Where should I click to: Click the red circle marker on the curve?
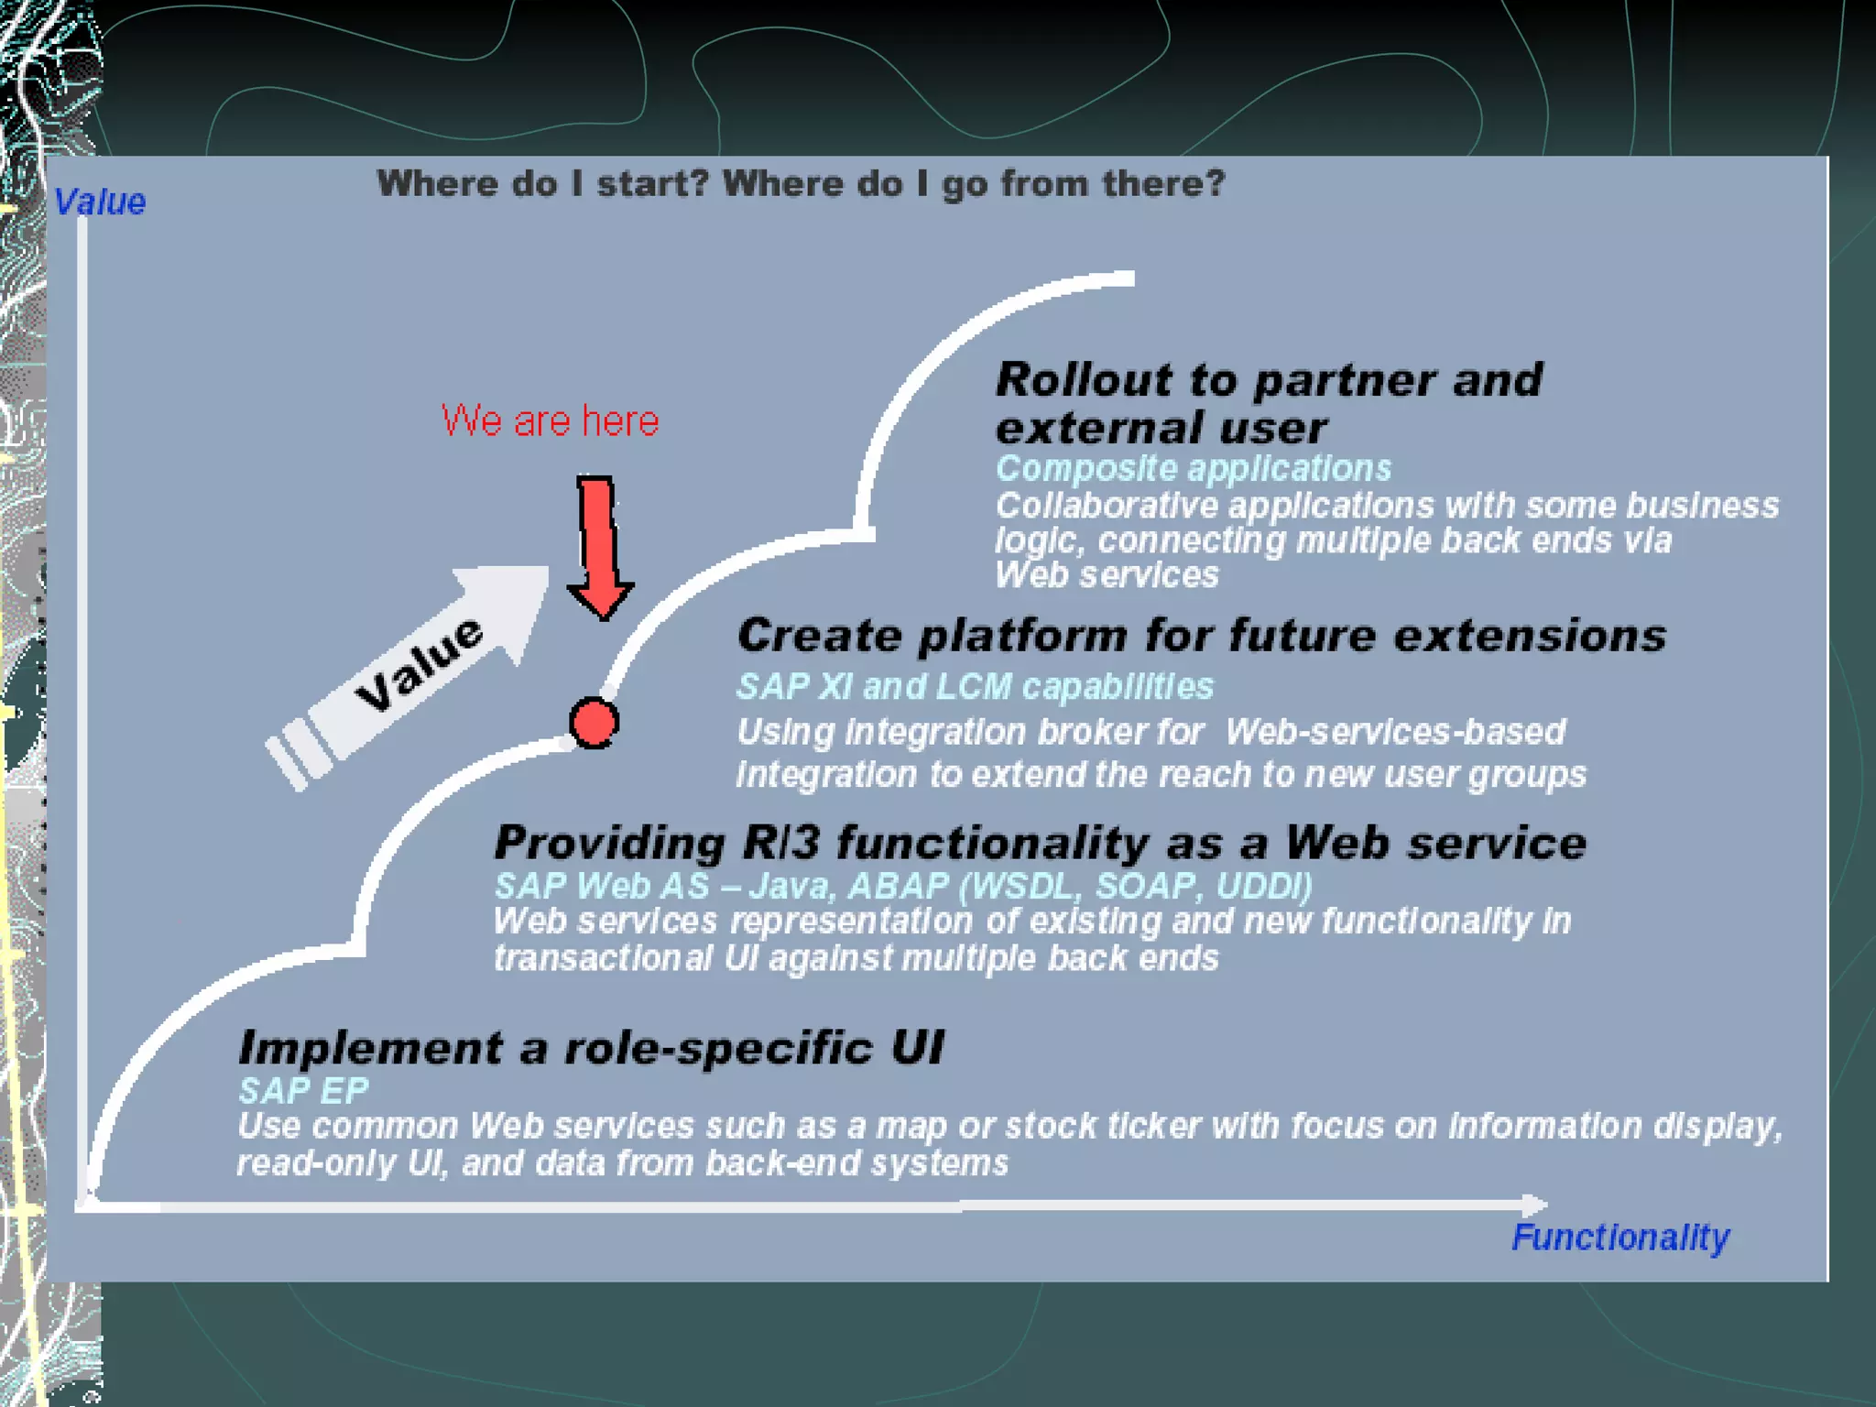594,723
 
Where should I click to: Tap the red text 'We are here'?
550,420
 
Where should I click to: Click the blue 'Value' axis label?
100,202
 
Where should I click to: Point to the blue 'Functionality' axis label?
1620,1238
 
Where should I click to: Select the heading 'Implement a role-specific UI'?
591,1047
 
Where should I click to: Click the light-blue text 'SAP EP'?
303,1090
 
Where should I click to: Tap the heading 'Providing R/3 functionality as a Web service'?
1040,842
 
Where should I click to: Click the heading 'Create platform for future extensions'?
1201,635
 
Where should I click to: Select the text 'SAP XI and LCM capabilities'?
975,686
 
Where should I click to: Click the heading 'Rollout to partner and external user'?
1269,403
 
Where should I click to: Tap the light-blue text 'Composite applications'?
1193,468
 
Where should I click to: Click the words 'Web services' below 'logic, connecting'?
1107,575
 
